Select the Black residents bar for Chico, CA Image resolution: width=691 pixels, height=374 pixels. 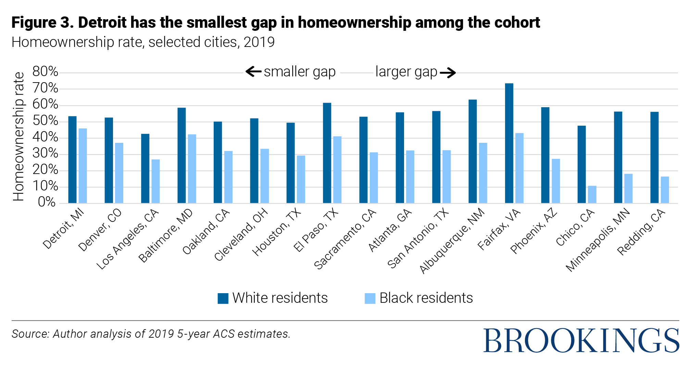(592, 195)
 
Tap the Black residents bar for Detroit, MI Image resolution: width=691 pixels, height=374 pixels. (83, 166)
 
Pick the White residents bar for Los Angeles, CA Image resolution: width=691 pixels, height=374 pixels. (145, 169)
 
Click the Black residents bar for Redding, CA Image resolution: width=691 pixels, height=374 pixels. (665, 190)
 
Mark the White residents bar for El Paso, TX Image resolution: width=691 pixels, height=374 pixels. (327, 153)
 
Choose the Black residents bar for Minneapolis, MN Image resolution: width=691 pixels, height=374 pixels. (628, 189)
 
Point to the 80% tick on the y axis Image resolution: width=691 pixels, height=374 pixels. (45, 72)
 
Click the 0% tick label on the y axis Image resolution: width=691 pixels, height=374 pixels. (47, 202)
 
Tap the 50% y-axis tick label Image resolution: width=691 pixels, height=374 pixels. (45, 121)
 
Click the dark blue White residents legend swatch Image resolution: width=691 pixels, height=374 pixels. (223, 298)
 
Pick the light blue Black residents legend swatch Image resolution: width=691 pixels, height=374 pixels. (370, 298)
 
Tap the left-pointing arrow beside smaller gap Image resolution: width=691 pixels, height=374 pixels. (253, 72)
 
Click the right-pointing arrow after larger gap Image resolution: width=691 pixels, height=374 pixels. (448, 73)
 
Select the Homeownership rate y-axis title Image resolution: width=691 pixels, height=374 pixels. (18, 136)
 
